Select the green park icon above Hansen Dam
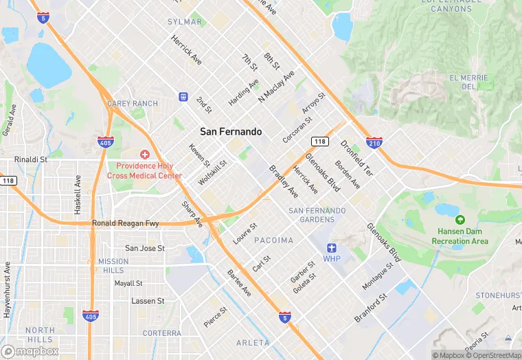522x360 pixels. point(459,220)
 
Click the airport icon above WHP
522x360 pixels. point(332,248)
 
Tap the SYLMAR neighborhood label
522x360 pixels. point(185,22)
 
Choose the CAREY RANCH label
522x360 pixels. point(133,104)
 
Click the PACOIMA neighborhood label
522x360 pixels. point(273,240)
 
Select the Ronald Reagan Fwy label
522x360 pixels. point(126,223)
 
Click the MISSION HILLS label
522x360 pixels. point(113,266)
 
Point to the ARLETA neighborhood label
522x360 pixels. point(253,342)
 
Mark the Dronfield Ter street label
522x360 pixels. point(356,158)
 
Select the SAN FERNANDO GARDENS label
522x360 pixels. point(317,215)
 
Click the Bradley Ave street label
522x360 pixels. point(283,180)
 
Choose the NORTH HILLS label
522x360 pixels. point(40,335)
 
